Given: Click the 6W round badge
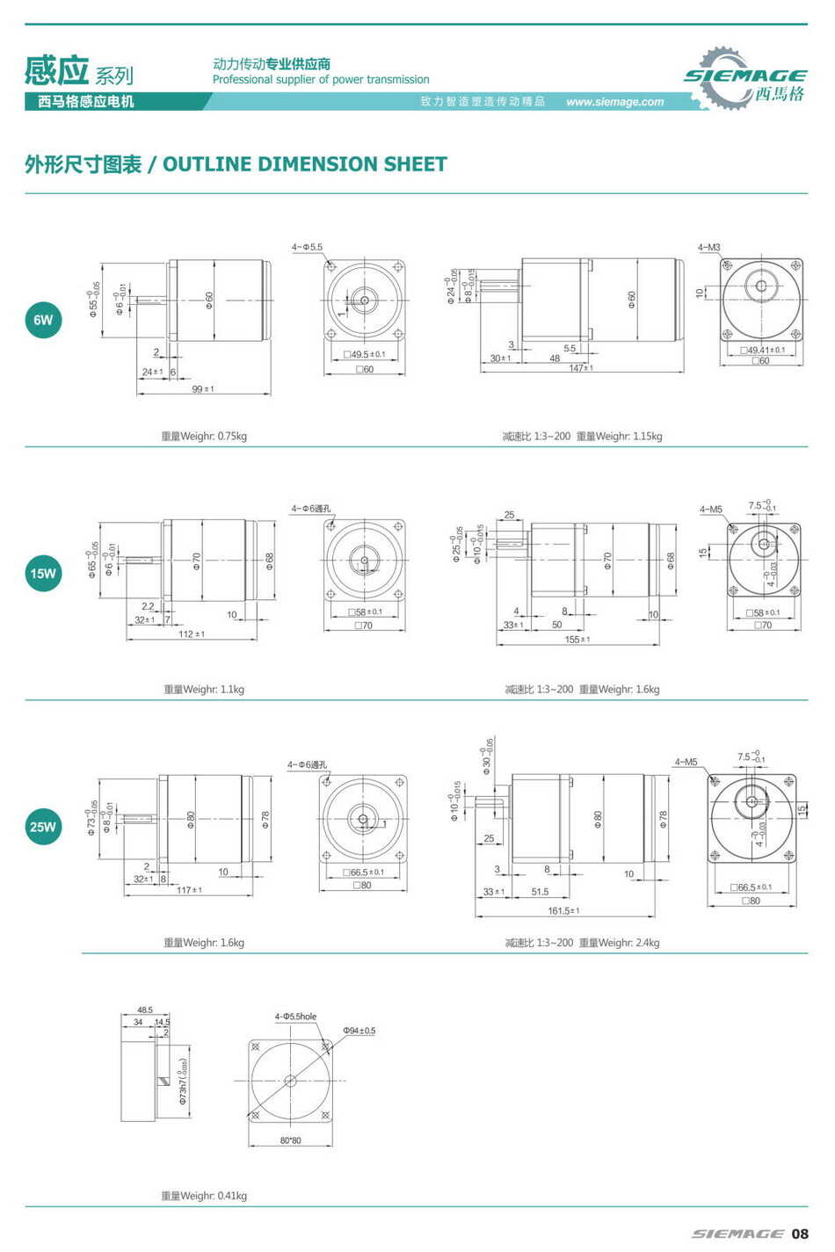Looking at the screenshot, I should click(43, 320).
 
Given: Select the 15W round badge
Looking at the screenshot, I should click(43, 574).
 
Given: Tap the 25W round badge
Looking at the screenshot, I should click(43, 827).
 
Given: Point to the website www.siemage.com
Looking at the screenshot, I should click(614, 102).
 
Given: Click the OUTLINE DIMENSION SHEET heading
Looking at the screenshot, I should click(236, 164).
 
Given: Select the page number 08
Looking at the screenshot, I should click(799, 1234).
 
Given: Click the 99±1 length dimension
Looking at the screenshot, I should click(203, 389).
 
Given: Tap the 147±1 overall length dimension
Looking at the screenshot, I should click(580, 368).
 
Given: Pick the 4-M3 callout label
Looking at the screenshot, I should click(708, 248).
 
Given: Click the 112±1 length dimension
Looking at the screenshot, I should click(192, 634).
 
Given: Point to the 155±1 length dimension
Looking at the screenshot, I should click(577, 640).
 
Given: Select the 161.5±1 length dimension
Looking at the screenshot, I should click(564, 911).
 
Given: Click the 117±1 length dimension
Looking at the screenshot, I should click(189, 890).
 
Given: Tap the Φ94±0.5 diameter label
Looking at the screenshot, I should click(359, 1031).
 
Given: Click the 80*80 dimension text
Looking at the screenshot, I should click(290, 1140).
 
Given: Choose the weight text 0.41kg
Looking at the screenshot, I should click(204, 1196).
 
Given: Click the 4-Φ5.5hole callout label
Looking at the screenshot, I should click(295, 1017).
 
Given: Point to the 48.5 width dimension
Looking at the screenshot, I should click(145, 1010).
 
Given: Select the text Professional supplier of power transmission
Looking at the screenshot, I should click(321, 80).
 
